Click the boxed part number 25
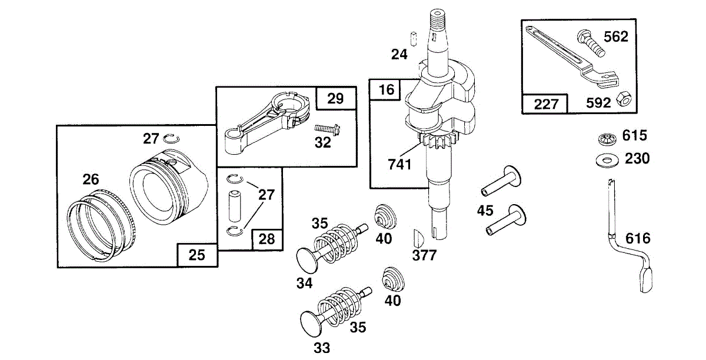pos(197,255)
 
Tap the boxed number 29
pos(335,99)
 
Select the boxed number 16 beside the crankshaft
pos(387,90)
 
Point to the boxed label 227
pos(546,104)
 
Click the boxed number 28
pos(267,239)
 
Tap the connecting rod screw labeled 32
pos(327,129)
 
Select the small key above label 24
pos(414,38)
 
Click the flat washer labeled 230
pos(607,161)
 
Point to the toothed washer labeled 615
pos(608,139)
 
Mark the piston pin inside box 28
pos(235,206)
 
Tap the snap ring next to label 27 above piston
pos(171,138)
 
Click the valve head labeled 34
pos(308,260)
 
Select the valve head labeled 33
pos(311,324)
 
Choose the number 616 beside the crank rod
pos(638,238)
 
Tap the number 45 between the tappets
pos(485,211)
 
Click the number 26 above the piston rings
pos(91,179)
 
